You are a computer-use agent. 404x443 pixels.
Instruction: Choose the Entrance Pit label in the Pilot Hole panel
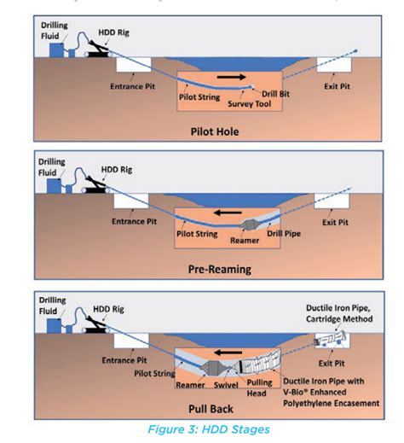pyautogui.click(x=130, y=86)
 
